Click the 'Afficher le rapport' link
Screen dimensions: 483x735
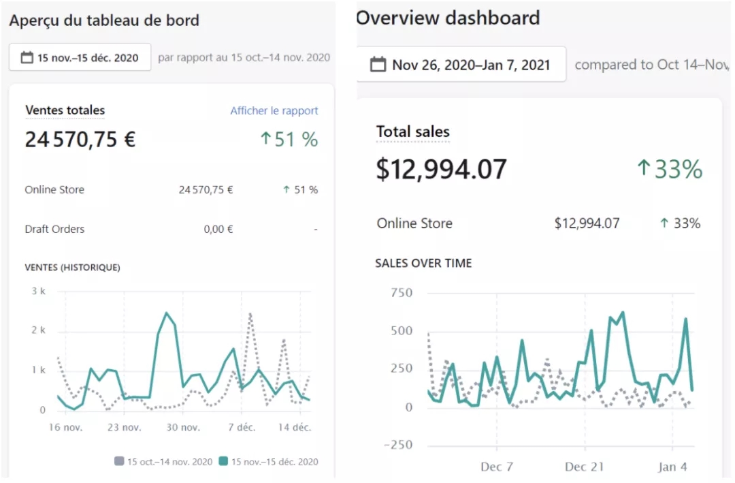pos(274,111)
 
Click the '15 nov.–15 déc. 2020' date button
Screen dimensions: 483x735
pos(80,58)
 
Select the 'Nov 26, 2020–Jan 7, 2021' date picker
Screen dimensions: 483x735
pos(461,65)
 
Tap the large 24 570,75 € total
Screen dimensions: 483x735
pos(80,140)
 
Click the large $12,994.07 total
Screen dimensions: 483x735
pos(441,169)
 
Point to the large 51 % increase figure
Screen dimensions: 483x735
pos(289,140)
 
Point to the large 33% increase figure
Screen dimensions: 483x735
pos(670,169)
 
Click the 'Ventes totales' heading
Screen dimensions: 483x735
pos(65,110)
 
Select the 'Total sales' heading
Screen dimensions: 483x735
pos(412,131)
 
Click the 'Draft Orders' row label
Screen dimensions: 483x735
pos(54,230)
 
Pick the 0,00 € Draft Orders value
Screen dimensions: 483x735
pos(218,230)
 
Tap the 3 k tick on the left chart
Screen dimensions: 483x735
pos(38,292)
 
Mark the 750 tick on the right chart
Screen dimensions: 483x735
pos(401,293)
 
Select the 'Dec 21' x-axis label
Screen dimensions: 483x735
pos(584,467)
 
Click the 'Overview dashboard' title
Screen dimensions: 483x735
pos(448,18)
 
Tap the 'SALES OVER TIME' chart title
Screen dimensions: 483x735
pos(423,263)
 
